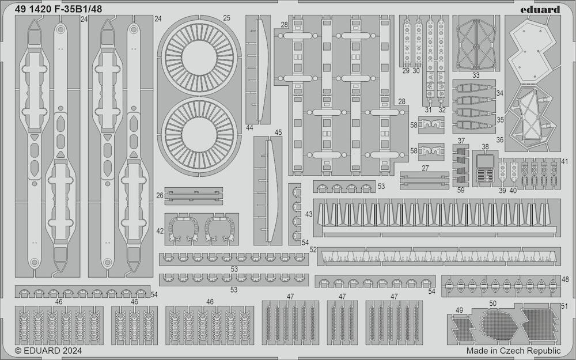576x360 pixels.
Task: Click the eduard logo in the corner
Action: (540, 9)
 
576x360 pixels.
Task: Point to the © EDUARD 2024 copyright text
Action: (48, 350)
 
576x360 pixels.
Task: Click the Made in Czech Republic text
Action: (514, 350)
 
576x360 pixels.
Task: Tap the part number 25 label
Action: (226, 18)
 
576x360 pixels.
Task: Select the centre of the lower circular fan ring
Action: (199, 135)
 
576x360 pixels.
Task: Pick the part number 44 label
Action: (250, 128)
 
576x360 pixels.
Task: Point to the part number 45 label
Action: (278, 132)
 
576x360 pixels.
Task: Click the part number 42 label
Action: (160, 231)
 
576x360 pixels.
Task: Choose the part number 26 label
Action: (160, 196)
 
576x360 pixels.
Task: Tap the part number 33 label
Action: (476, 75)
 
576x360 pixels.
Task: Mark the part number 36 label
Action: (499, 140)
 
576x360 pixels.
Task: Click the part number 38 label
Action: (485, 147)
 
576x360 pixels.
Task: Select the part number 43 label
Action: (309, 214)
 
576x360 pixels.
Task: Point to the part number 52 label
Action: (313, 249)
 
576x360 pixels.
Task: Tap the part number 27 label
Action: (425, 168)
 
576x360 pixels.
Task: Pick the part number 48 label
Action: (565, 279)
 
